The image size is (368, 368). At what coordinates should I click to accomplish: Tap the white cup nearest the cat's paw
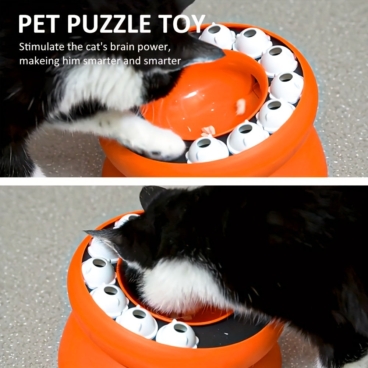click(x=206, y=149)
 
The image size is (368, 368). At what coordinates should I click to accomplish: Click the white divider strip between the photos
click(x=184, y=181)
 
